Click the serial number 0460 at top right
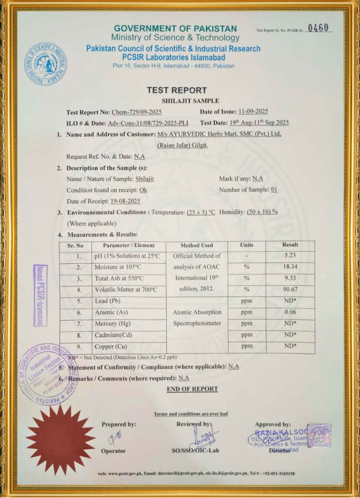tap(318, 29)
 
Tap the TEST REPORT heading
tap(176, 90)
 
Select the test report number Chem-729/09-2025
tap(136, 112)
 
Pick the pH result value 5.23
tap(290, 255)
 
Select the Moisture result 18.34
tap(290, 267)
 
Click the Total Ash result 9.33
tap(290, 278)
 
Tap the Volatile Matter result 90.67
tap(290, 289)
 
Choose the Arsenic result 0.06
tap(290, 312)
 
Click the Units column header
tap(246, 245)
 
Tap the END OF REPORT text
tap(192, 389)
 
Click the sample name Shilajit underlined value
tap(145, 178)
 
